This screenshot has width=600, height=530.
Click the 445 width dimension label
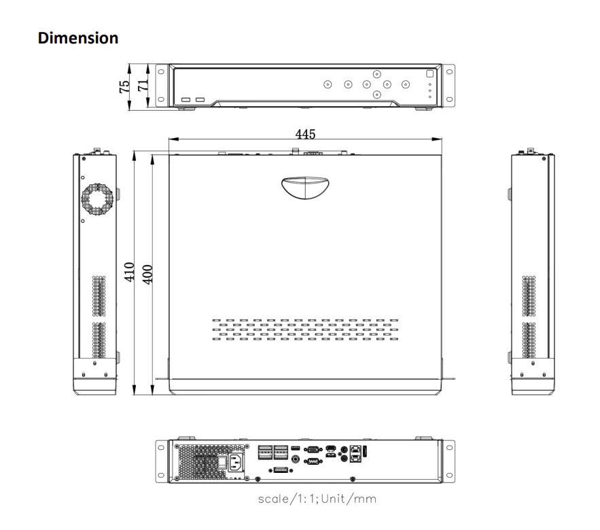305,134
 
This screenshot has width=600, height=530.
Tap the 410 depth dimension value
129,272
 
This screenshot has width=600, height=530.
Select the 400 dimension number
147,275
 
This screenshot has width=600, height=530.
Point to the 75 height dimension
124,87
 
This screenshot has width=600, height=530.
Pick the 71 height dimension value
143,85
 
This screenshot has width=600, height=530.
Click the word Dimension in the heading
78,38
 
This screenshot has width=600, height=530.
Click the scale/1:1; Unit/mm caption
317,499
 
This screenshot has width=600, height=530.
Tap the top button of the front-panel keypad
377,74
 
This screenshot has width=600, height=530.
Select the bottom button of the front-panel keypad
377,94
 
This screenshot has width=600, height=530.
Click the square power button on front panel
429,74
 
